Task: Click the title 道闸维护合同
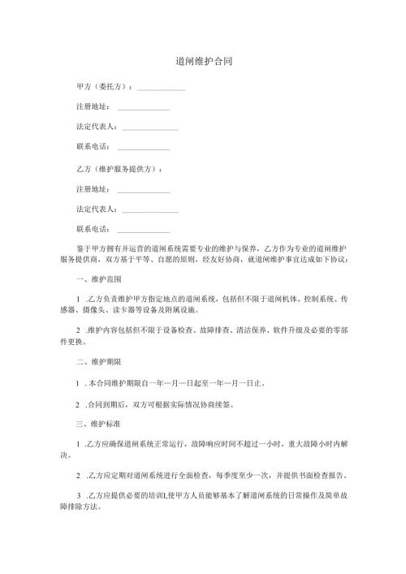pyautogui.click(x=203, y=62)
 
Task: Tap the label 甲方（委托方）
pyautogui.click(x=101, y=86)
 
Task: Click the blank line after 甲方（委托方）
pyautogui.click(x=161, y=88)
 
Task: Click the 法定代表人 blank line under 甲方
pyautogui.click(x=149, y=128)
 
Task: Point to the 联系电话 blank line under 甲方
pyautogui.click(x=144, y=149)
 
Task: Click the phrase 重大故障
pyautogui.click(x=304, y=443)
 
